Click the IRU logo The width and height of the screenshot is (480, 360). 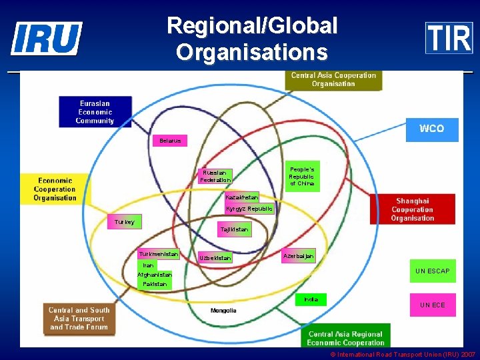pyautogui.click(x=47, y=38)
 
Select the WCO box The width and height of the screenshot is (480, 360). pyautogui.click(x=432, y=129)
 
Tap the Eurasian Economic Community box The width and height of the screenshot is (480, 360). pyautogui.click(x=95, y=112)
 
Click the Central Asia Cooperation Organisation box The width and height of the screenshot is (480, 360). pyautogui.click(x=333, y=80)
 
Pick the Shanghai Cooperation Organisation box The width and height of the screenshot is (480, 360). pyautogui.click(x=413, y=209)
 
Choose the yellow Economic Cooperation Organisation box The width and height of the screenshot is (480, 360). pyautogui.click(x=55, y=189)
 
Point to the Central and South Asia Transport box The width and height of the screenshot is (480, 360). pyautogui.click(x=79, y=319)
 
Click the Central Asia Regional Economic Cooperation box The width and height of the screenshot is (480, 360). pyautogui.click(x=345, y=338)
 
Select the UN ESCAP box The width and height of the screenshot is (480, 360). pyautogui.click(x=433, y=271)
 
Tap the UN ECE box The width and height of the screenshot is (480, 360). pyautogui.click(x=433, y=305)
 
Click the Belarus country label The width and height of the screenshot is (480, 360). pyautogui.click(x=170, y=141)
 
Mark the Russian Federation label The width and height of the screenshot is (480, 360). pyautogui.click(x=215, y=176)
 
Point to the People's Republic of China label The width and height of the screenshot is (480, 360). pyautogui.click(x=302, y=176)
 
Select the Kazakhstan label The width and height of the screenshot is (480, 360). pyautogui.click(x=241, y=197)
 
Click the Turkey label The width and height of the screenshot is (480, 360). pyautogui.click(x=125, y=222)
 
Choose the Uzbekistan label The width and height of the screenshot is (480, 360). pyautogui.click(x=215, y=257)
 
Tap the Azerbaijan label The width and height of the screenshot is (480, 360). pyautogui.click(x=298, y=256)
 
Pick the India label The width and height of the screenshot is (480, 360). pyautogui.click(x=311, y=299)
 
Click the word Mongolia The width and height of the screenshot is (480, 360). pyautogui.click(x=223, y=311)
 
